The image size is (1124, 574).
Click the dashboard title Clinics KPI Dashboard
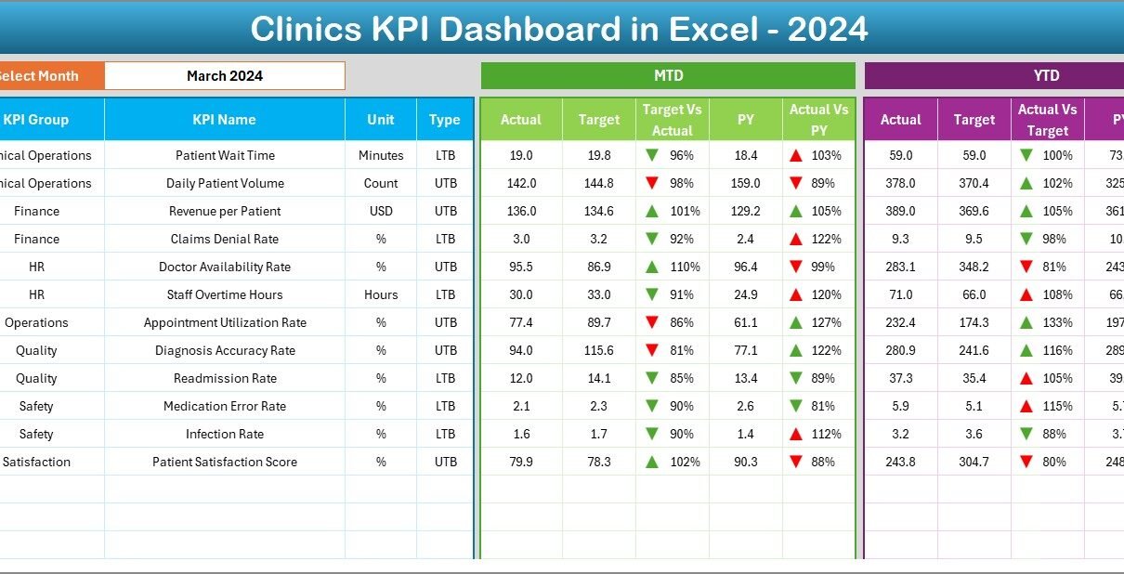tap(559, 30)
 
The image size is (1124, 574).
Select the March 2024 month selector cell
tap(225, 76)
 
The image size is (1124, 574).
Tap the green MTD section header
tap(668, 76)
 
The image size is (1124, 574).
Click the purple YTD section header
tap(1046, 76)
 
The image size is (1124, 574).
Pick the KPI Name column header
tap(224, 120)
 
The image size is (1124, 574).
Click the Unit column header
tap(381, 120)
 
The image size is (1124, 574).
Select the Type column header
tap(445, 120)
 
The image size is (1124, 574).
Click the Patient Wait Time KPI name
tap(225, 155)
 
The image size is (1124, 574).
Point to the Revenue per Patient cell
tap(225, 211)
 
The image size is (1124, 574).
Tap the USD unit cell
tap(381, 211)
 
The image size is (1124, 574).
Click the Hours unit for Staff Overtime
tap(381, 294)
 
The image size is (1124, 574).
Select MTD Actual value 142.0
tap(520, 183)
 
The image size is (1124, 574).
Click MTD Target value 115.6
tap(599, 350)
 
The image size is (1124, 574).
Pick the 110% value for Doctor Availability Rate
tap(681, 267)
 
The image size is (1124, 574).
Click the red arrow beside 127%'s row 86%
tap(652, 322)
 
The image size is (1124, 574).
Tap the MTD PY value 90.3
tap(746, 462)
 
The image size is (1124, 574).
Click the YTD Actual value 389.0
tap(901, 211)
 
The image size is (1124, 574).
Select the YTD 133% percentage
tap(1057, 322)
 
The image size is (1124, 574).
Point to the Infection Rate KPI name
tap(225, 434)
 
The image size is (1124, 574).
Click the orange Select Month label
tap(39, 76)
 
